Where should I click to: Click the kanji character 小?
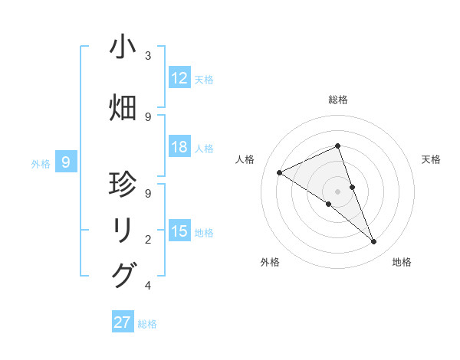tap(123, 47)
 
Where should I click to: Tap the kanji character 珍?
tap(123, 185)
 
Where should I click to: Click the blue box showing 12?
tap(179, 78)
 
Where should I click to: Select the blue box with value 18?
tap(179, 147)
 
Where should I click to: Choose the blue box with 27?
tap(123, 322)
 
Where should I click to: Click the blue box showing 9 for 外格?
tap(67, 162)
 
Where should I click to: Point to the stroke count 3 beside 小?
tap(148, 56)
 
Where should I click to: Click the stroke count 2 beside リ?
tap(148, 240)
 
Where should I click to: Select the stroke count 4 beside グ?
tap(148, 286)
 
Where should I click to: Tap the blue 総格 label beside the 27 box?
tap(147, 324)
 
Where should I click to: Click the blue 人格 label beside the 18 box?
tap(204, 148)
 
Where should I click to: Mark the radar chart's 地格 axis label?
tap(402, 262)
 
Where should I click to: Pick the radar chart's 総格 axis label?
tap(337, 100)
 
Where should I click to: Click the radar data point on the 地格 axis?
tap(374, 242)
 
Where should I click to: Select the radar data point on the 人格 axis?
tap(279, 172)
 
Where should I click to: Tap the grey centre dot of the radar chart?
tap(337, 191)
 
